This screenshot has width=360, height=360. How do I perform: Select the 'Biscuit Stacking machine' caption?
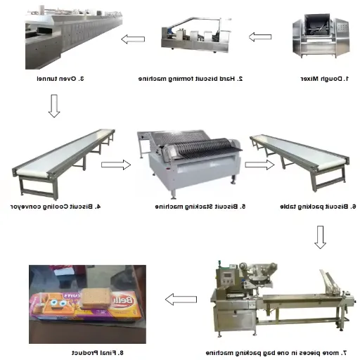point(200,207)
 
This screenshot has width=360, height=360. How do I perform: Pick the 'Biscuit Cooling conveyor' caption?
point(56,207)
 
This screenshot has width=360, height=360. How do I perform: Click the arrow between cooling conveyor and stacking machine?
point(116,165)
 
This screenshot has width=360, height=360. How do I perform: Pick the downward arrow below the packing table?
point(320,237)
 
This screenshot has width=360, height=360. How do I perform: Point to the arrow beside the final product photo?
point(180,301)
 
